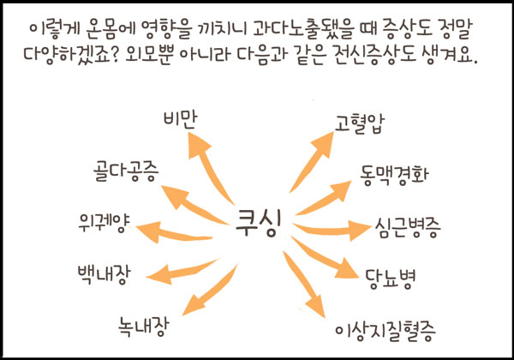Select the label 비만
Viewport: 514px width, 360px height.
click(x=180, y=120)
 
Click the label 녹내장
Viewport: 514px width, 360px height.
click(x=146, y=326)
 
